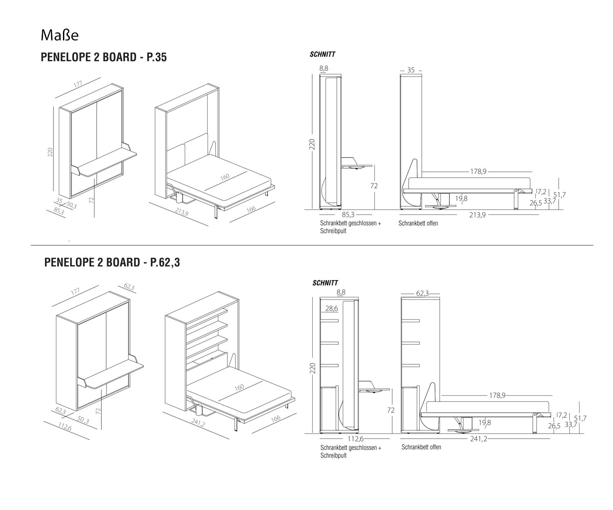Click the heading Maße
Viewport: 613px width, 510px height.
coord(59,35)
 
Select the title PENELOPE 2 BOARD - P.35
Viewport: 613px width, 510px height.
coord(104,57)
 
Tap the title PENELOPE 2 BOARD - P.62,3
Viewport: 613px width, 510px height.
coord(112,262)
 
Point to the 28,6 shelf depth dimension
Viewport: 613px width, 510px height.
coord(332,309)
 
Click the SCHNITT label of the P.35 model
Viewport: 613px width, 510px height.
coord(322,54)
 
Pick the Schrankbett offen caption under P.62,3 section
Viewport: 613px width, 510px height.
coord(421,447)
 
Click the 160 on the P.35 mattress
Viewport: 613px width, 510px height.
coord(224,177)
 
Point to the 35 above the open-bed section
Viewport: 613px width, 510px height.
coord(411,70)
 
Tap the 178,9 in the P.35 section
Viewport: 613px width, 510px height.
coord(478,172)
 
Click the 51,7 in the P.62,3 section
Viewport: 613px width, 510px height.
coord(580,418)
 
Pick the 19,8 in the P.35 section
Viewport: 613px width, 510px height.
coord(461,199)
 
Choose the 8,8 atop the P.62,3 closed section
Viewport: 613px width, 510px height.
coord(341,292)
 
